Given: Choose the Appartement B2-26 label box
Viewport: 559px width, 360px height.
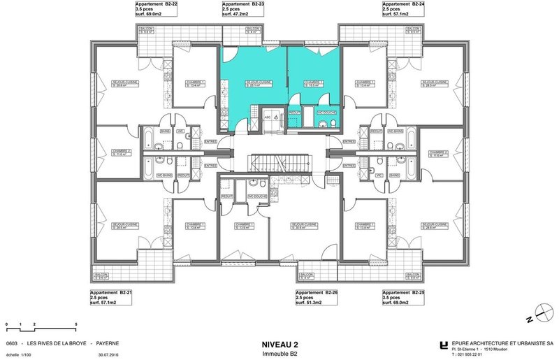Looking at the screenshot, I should click(318, 298).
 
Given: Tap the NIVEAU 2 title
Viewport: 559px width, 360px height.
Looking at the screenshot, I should click(279, 344).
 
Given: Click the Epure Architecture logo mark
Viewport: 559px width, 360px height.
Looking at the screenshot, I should click(444, 344).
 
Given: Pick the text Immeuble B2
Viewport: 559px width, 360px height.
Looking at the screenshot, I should click(279, 354).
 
